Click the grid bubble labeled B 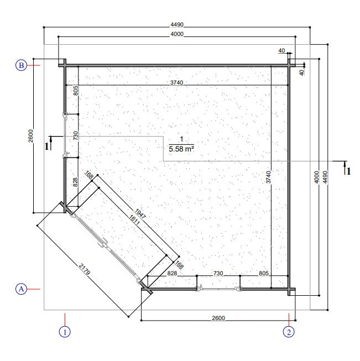(21, 66)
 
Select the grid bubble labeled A (21, 289)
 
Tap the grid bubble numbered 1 (65, 332)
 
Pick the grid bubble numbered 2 (289, 332)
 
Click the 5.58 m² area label (181, 148)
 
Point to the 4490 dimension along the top (176, 24)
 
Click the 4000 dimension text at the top (176, 34)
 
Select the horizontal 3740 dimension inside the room (176, 82)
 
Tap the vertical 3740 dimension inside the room (268, 177)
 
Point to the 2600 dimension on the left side (31, 135)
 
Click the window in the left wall (65, 136)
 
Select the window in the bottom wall (218, 288)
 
